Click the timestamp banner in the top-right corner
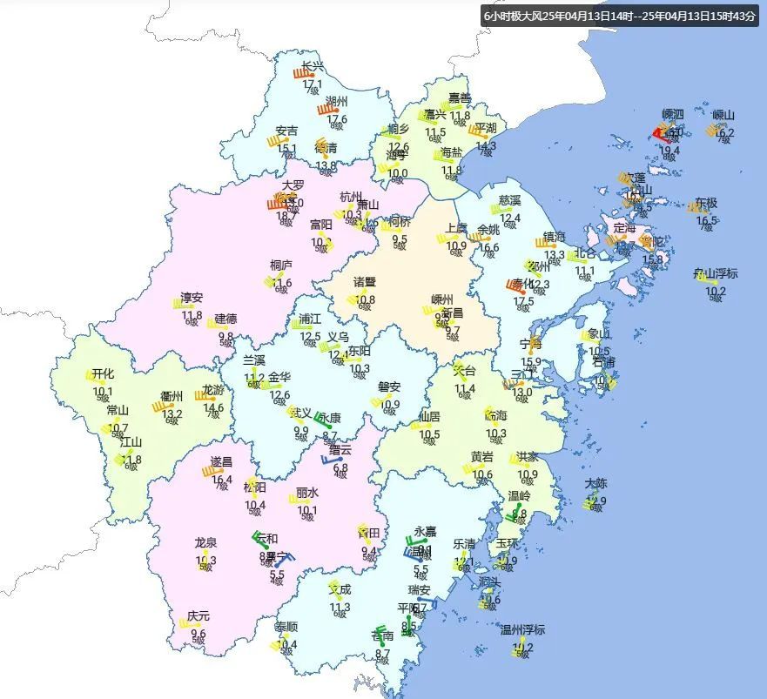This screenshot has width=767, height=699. pyautogui.click(x=621, y=16)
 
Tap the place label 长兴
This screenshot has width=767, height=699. pyautogui.click(x=312, y=66)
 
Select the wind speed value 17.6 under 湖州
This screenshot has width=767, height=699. pyautogui.click(x=337, y=119)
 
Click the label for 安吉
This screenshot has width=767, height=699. pyautogui.click(x=286, y=131)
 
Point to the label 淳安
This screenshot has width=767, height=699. pyautogui.click(x=192, y=297)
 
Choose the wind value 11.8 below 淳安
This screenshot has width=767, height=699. pyautogui.click(x=192, y=315)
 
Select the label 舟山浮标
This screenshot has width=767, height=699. pyautogui.click(x=715, y=273)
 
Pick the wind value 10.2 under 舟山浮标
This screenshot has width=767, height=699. pyautogui.click(x=716, y=291)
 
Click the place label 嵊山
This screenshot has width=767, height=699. pyautogui.click(x=723, y=115)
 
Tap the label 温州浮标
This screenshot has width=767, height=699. pyautogui.click(x=522, y=629)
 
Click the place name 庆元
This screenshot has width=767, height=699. pyautogui.click(x=198, y=615)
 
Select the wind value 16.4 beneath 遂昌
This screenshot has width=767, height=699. pyautogui.click(x=222, y=479)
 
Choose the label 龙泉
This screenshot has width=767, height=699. pyautogui.click(x=206, y=542)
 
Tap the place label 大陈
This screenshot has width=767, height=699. pyautogui.click(x=596, y=483)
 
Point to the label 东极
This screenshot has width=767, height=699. pyautogui.click(x=706, y=203)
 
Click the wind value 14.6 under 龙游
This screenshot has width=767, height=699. pyautogui.click(x=213, y=407)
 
